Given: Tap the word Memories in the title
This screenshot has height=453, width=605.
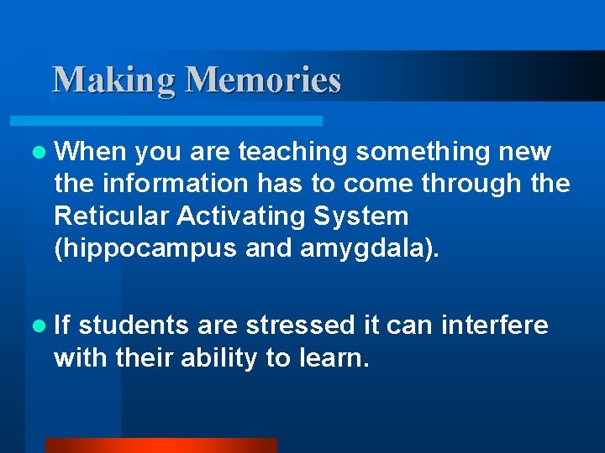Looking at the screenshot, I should coord(263,81).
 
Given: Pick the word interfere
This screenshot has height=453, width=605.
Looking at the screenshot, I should coord(495,325).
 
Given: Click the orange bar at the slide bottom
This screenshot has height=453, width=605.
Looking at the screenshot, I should coord(160,445).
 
